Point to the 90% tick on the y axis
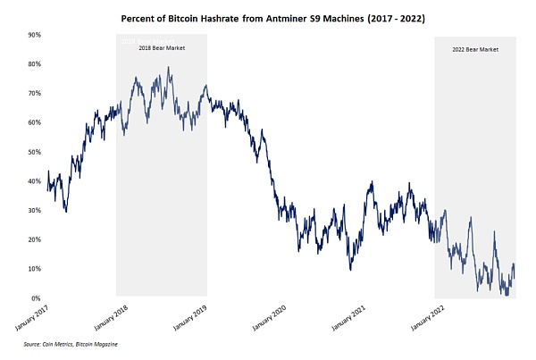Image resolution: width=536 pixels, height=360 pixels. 33,35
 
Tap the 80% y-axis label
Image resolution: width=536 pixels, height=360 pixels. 33,64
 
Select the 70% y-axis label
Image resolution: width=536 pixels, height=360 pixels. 33,94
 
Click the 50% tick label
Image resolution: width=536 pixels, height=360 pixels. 33,152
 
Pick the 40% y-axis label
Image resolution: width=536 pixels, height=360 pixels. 33,181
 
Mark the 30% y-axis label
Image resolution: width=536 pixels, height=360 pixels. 33,211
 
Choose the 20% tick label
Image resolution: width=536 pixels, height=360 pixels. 33,239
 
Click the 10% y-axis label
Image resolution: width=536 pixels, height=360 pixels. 33,269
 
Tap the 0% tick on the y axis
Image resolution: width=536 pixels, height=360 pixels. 35,298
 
